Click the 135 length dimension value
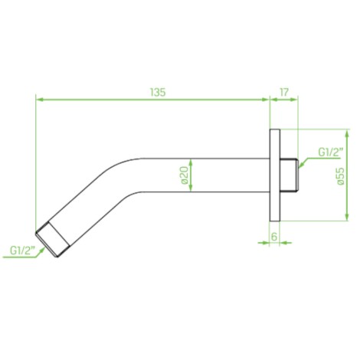[158, 92]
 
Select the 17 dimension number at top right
[284, 92]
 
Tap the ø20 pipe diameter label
[185, 175]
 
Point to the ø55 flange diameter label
[340, 176]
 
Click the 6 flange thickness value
[274, 237]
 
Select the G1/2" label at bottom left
[23, 250]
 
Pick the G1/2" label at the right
[330, 152]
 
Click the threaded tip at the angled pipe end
[52, 239]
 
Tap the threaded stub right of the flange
[289, 175]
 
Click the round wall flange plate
[275, 175]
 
